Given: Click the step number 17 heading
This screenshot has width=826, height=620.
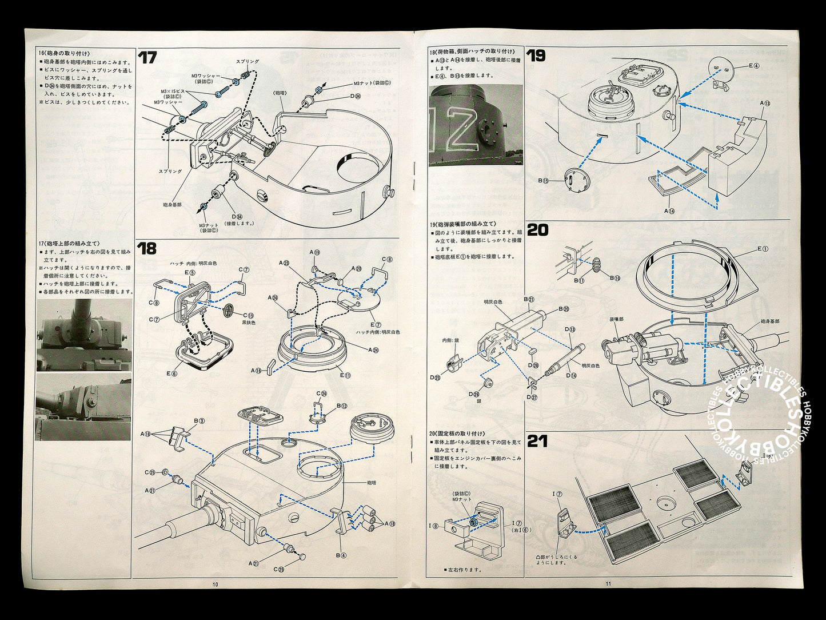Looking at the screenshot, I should point(147,58).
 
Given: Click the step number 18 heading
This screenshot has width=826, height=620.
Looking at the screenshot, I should point(147,248).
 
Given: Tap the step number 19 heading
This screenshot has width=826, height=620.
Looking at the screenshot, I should point(536,55).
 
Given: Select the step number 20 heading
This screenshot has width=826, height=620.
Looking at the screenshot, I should point(537,230).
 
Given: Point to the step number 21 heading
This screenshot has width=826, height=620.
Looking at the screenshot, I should point(537,441).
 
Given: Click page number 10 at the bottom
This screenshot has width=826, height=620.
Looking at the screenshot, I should point(215,584).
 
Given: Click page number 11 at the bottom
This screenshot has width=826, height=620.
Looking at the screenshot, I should point(608,584).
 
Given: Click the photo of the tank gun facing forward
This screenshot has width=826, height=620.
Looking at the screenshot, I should point(84,335).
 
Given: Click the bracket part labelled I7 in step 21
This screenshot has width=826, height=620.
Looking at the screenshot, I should point(566,522).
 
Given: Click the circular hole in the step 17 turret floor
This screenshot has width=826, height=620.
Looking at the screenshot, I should point(357,164).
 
